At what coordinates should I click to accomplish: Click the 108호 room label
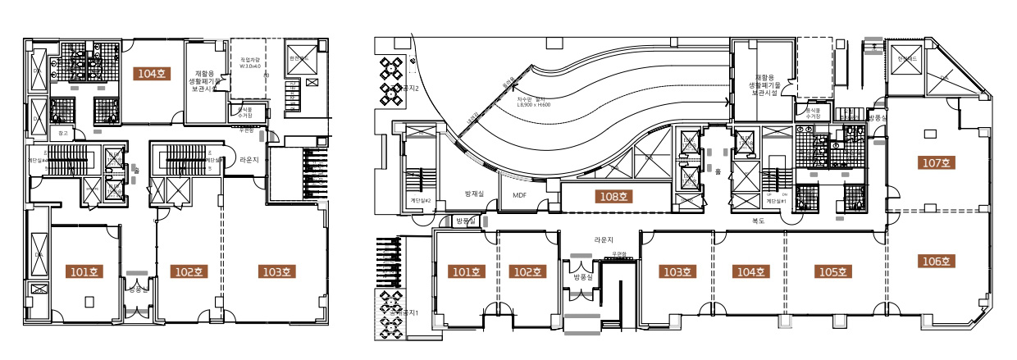(x=612, y=197)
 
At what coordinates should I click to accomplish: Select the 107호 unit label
(x=935, y=163)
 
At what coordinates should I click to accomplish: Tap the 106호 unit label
(x=935, y=262)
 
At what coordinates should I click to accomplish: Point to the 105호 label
(x=834, y=271)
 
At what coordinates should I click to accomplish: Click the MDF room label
(x=520, y=195)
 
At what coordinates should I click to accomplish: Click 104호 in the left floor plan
(x=152, y=74)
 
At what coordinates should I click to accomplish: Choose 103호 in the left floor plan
(x=276, y=271)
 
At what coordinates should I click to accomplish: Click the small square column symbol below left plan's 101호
(x=89, y=302)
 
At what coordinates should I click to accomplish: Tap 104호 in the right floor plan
(x=746, y=271)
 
